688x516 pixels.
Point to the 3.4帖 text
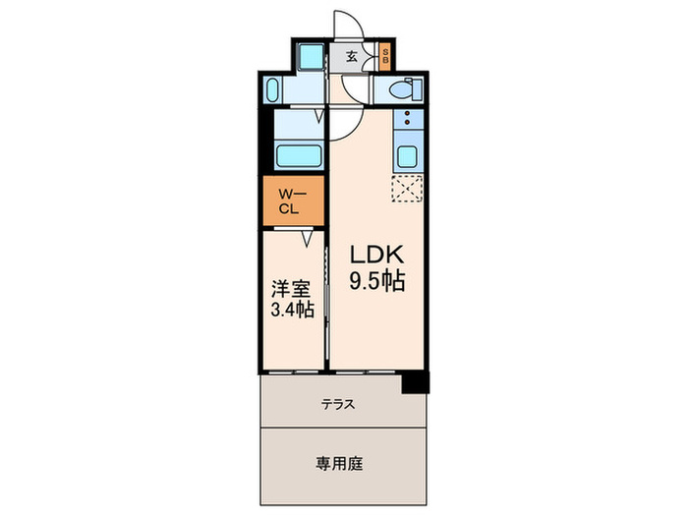[293, 311]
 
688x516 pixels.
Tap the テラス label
[337, 404]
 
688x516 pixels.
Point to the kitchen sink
[407, 155]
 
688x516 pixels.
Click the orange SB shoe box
[385, 56]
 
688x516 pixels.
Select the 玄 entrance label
[351, 56]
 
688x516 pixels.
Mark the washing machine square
[309, 55]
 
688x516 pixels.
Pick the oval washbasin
[276, 91]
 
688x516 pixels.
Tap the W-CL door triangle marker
[308, 237]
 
